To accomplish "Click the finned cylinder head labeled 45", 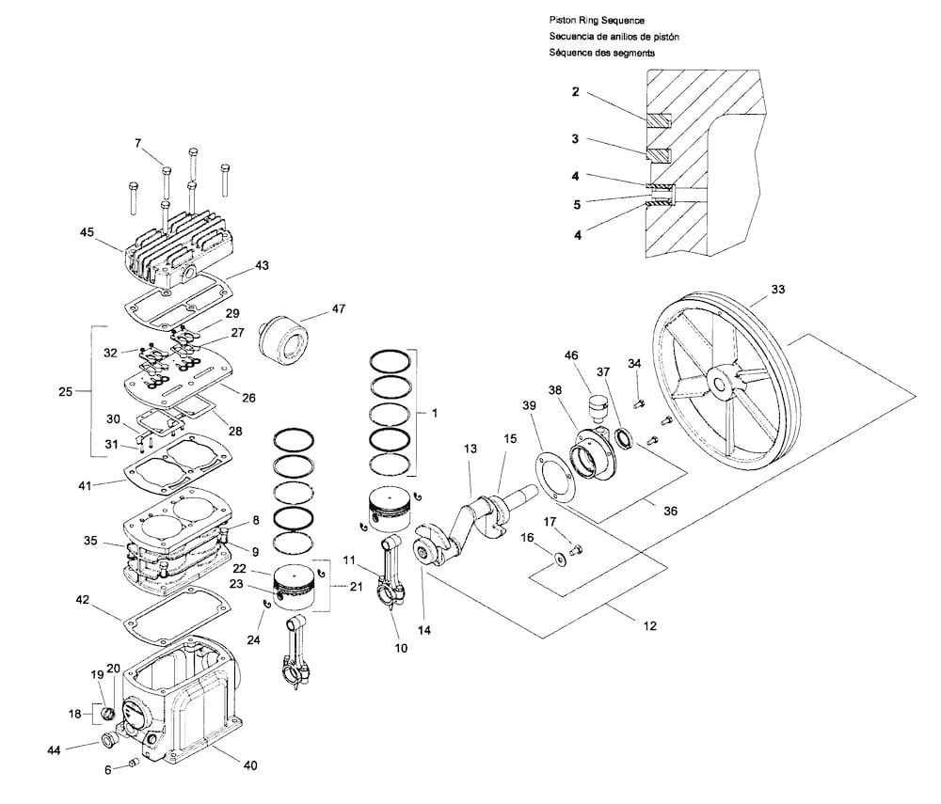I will pyautogui.click(x=178, y=255).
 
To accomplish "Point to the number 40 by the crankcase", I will pyautogui.click(x=249, y=765).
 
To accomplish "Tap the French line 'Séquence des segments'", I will pyautogui.click(x=602, y=53).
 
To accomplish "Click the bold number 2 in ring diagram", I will pyautogui.click(x=575, y=92).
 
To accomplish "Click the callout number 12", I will pyautogui.click(x=649, y=626).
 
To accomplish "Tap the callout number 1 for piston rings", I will pyautogui.click(x=434, y=412).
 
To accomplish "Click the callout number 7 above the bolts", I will pyautogui.click(x=137, y=143).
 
